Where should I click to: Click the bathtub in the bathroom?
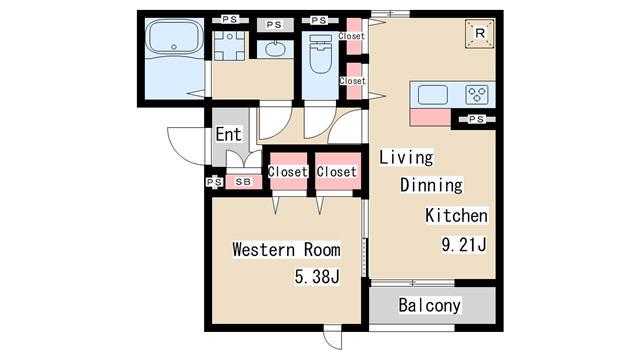coord(175,37)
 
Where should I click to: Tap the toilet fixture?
coord(320,54)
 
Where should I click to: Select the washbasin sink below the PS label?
coord(276,49)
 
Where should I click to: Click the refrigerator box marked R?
coord(480,33)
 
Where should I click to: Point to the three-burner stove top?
coord(476,95)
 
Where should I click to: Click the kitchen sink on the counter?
coord(432,95)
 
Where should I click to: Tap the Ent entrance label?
coord(228,134)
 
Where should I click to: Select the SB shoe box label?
coord(243,182)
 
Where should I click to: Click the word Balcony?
coord(429,305)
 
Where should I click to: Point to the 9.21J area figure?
coord(464,245)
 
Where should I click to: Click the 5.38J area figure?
coord(317,277)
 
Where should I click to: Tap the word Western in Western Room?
coord(264,249)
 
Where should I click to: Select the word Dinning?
coord(431,185)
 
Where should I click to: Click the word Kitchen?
coord(456,215)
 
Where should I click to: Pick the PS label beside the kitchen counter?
coord(476,119)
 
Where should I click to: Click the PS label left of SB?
coord(214,182)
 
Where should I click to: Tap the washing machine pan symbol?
coord(230,46)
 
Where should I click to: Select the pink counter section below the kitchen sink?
coord(430,117)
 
